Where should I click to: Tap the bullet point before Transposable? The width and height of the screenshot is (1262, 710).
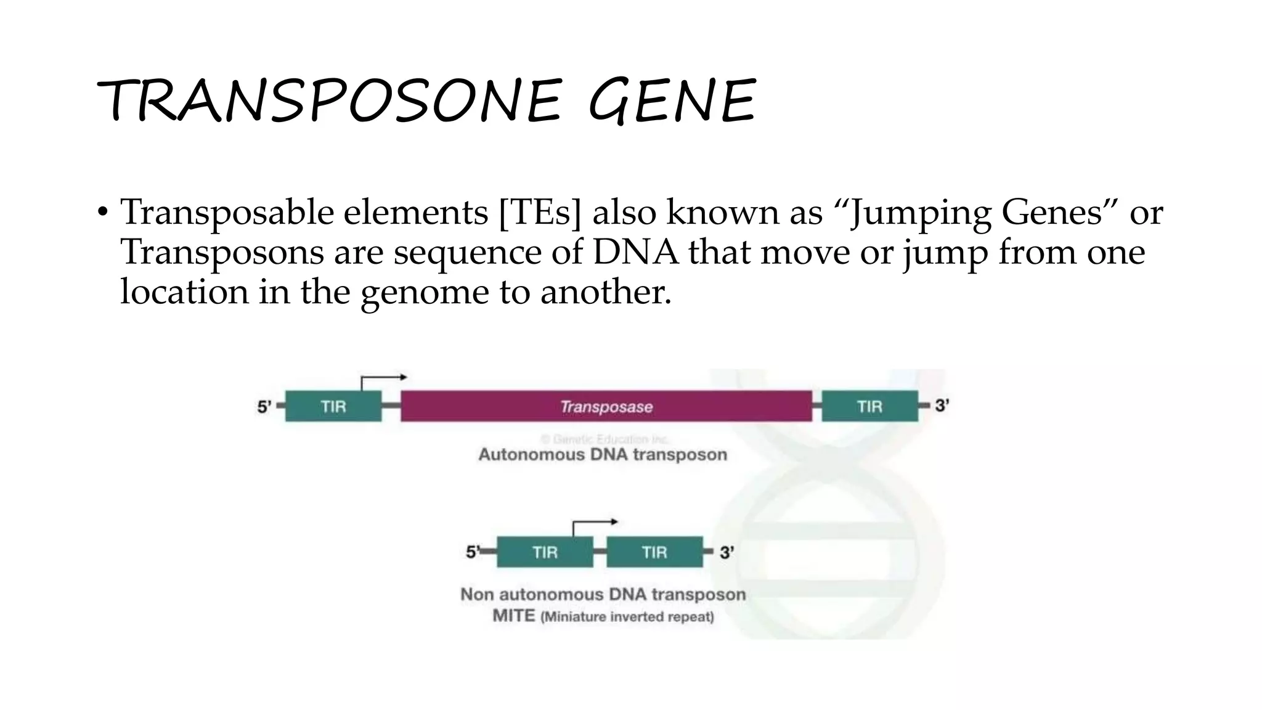[x=102, y=213]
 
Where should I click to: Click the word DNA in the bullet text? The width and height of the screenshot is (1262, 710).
[x=635, y=252]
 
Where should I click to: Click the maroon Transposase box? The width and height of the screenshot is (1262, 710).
[x=606, y=406]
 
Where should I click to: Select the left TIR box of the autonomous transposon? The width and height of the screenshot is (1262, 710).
[x=333, y=406]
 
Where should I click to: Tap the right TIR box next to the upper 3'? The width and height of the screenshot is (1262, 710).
[x=869, y=406]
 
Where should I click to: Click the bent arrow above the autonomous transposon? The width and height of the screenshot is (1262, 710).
[x=382, y=380]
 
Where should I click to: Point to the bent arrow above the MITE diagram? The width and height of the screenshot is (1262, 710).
[x=593, y=526]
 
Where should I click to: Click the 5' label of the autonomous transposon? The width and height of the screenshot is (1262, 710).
[x=264, y=407]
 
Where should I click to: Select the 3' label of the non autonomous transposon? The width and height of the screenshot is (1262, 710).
[x=727, y=552]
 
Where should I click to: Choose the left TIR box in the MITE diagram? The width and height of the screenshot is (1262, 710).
[x=545, y=552]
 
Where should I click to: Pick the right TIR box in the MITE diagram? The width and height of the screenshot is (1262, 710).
[x=654, y=552]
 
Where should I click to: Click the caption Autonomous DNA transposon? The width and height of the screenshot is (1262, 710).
[x=603, y=455]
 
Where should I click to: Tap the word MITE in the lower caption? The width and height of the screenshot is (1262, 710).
[x=513, y=616]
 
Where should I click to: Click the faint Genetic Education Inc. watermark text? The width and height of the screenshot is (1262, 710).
[x=605, y=439]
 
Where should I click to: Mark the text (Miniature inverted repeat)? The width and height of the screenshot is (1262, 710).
[x=627, y=617]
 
